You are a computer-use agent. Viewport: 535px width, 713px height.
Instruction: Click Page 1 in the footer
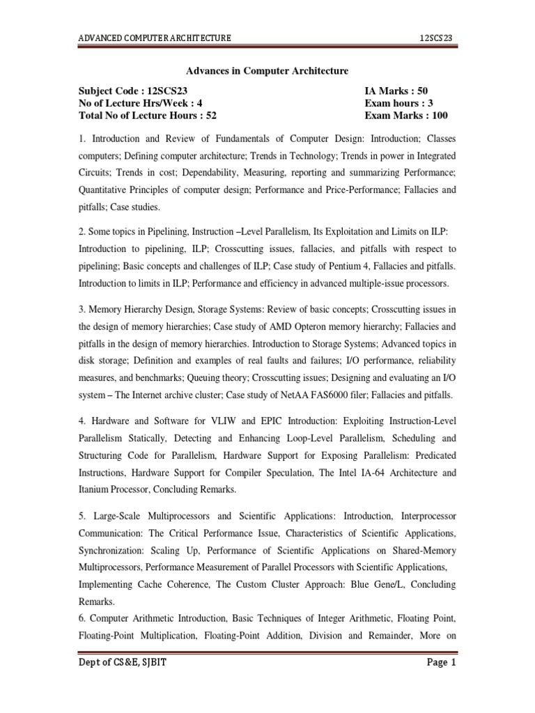click(441, 663)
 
